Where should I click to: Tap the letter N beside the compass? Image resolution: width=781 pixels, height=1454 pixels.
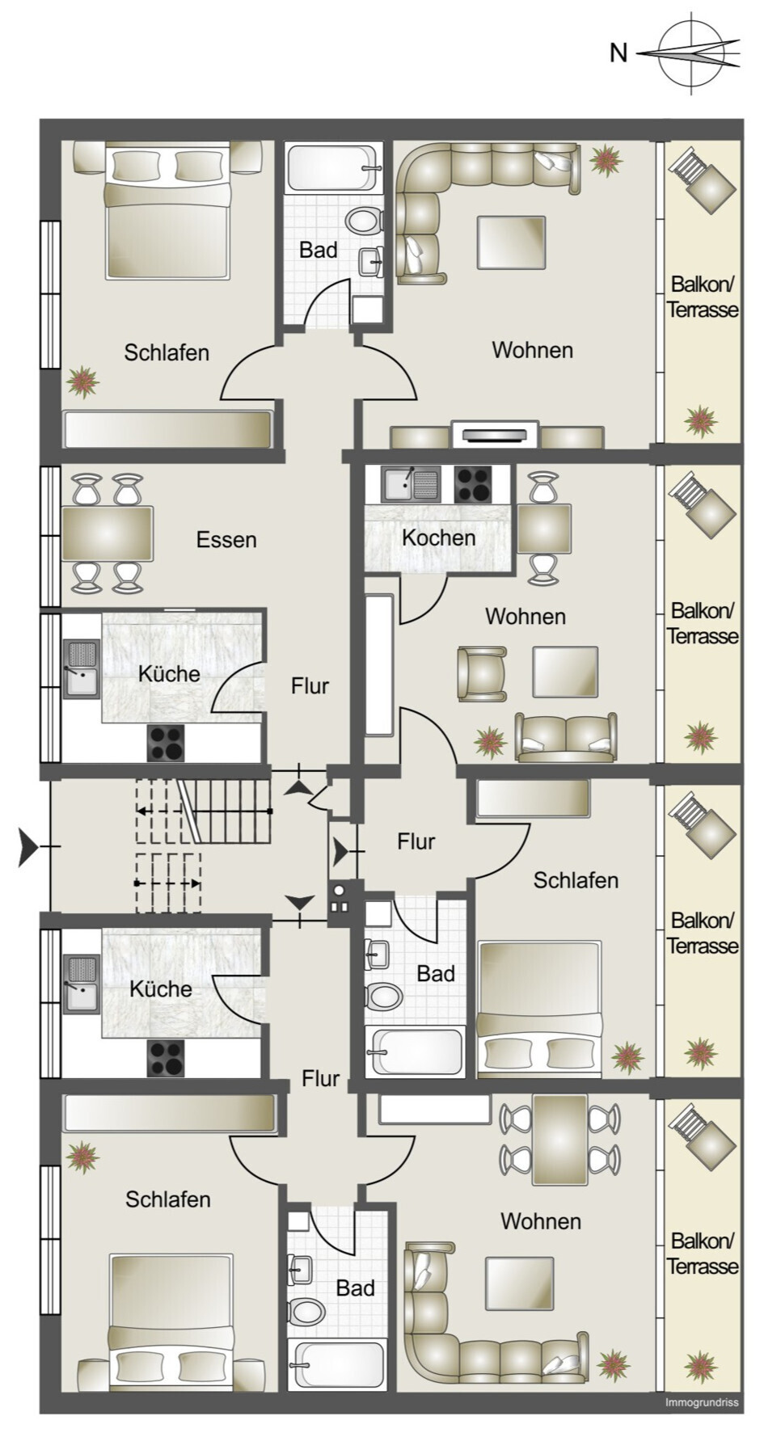pyautogui.click(x=618, y=53)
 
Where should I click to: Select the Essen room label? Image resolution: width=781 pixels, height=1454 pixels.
pyautogui.click(x=226, y=540)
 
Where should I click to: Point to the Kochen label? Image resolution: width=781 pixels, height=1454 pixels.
pyautogui.click(x=439, y=537)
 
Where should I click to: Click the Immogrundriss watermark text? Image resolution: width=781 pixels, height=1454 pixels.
pyautogui.click(x=701, y=1402)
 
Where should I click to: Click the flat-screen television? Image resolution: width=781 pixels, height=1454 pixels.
pyautogui.click(x=496, y=435)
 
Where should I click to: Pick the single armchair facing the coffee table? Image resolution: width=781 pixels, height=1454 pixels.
pyautogui.click(x=482, y=673)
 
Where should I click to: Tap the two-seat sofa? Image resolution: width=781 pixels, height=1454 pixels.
pyautogui.click(x=566, y=737)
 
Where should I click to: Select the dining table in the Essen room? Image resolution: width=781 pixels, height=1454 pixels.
pyautogui.click(x=108, y=533)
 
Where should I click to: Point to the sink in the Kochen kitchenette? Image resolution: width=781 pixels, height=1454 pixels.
pyautogui.click(x=411, y=484)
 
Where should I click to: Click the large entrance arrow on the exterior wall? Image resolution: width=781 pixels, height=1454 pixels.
pyautogui.click(x=28, y=846)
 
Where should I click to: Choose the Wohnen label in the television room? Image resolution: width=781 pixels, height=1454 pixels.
pyautogui.click(x=533, y=350)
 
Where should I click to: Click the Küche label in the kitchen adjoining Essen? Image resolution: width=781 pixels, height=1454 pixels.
pyautogui.click(x=169, y=673)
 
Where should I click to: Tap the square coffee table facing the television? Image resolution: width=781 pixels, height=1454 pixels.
pyautogui.click(x=511, y=242)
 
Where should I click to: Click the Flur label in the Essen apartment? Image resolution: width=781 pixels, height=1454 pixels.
pyautogui.click(x=310, y=686)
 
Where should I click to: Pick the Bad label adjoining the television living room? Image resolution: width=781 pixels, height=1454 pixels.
pyautogui.click(x=318, y=250)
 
